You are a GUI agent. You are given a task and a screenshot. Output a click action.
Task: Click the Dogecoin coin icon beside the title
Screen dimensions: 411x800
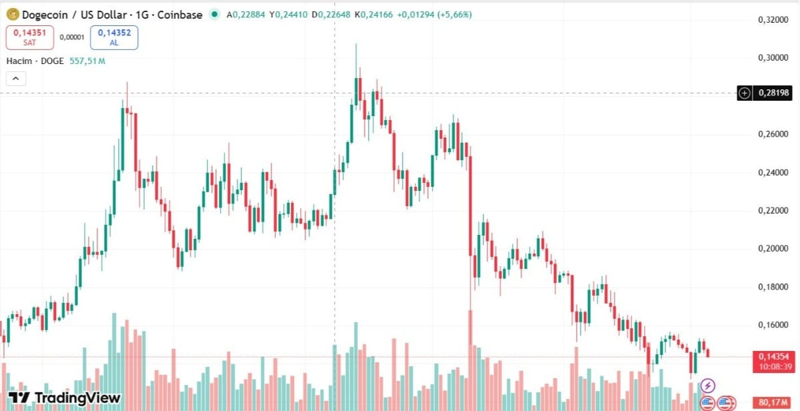[x=12, y=14]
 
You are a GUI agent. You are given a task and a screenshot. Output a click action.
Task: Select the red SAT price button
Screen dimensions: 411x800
[x=29, y=37]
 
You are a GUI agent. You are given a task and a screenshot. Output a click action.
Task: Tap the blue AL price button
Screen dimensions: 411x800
[x=114, y=37]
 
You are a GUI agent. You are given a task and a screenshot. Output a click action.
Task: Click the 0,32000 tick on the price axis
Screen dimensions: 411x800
[x=773, y=20]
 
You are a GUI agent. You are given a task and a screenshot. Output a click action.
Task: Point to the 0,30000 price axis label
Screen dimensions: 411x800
[x=773, y=58]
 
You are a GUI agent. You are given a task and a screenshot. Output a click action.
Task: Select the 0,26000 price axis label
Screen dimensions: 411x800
[x=773, y=135]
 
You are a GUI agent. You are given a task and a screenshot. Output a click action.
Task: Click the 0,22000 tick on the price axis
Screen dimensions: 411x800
[x=773, y=211]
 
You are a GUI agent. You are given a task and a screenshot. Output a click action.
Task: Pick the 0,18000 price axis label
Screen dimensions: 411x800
[x=773, y=287]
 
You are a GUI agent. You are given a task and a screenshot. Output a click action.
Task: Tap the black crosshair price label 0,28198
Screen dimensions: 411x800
[x=773, y=93]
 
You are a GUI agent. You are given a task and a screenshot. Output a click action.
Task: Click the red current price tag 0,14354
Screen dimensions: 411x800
[x=773, y=357]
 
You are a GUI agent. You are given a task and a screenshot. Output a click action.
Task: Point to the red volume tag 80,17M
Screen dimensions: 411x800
[x=773, y=402]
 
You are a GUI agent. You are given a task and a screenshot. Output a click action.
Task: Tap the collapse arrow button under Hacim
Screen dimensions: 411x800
[x=15, y=79]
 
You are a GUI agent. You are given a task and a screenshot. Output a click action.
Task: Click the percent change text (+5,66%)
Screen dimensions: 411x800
[x=454, y=14]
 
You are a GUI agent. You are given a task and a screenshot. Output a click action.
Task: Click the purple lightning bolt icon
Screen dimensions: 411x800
[x=708, y=386]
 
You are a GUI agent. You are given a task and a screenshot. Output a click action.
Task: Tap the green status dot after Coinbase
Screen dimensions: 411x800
[x=213, y=14]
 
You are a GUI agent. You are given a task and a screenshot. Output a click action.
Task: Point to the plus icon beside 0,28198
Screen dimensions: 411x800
[x=745, y=93]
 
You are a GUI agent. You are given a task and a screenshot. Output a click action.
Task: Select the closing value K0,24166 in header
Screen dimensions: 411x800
[x=373, y=14]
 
